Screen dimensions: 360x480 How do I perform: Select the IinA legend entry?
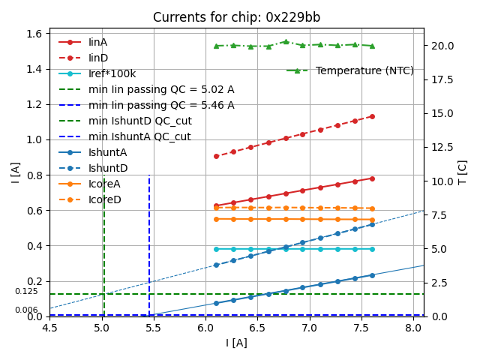(x=98, y=42)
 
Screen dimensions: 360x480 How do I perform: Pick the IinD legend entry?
(x=98, y=58)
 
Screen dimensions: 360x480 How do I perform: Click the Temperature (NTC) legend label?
(x=364, y=70)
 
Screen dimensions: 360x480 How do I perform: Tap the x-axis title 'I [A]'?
(x=236, y=343)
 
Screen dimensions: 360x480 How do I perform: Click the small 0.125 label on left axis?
(x=26, y=291)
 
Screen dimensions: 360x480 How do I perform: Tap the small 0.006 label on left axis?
(x=26, y=310)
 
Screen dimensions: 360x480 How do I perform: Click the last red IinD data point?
(x=372, y=116)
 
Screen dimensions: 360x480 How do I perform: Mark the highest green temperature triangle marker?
(x=286, y=42)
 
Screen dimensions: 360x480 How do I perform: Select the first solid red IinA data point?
(x=216, y=205)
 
